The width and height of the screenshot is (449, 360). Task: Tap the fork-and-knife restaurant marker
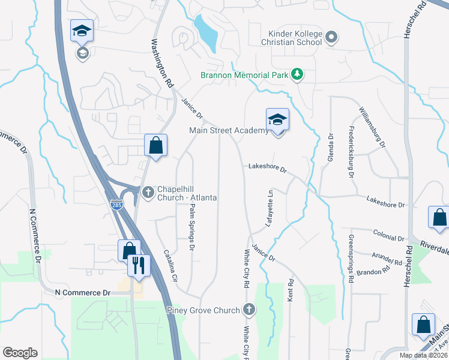click(139, 265)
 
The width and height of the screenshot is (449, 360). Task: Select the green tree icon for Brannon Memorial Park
click(297, 74)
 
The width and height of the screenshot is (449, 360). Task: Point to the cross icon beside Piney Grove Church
click(249, 310)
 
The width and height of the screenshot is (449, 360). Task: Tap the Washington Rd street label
click(161, 65)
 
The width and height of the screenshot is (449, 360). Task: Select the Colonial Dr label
click(387, 235)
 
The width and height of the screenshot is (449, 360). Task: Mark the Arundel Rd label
click(387, 259)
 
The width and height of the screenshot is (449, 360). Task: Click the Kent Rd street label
click(291, 290)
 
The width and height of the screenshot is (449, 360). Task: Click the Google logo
click(20, 353)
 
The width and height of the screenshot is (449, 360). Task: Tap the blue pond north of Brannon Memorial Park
click(206, 32)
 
